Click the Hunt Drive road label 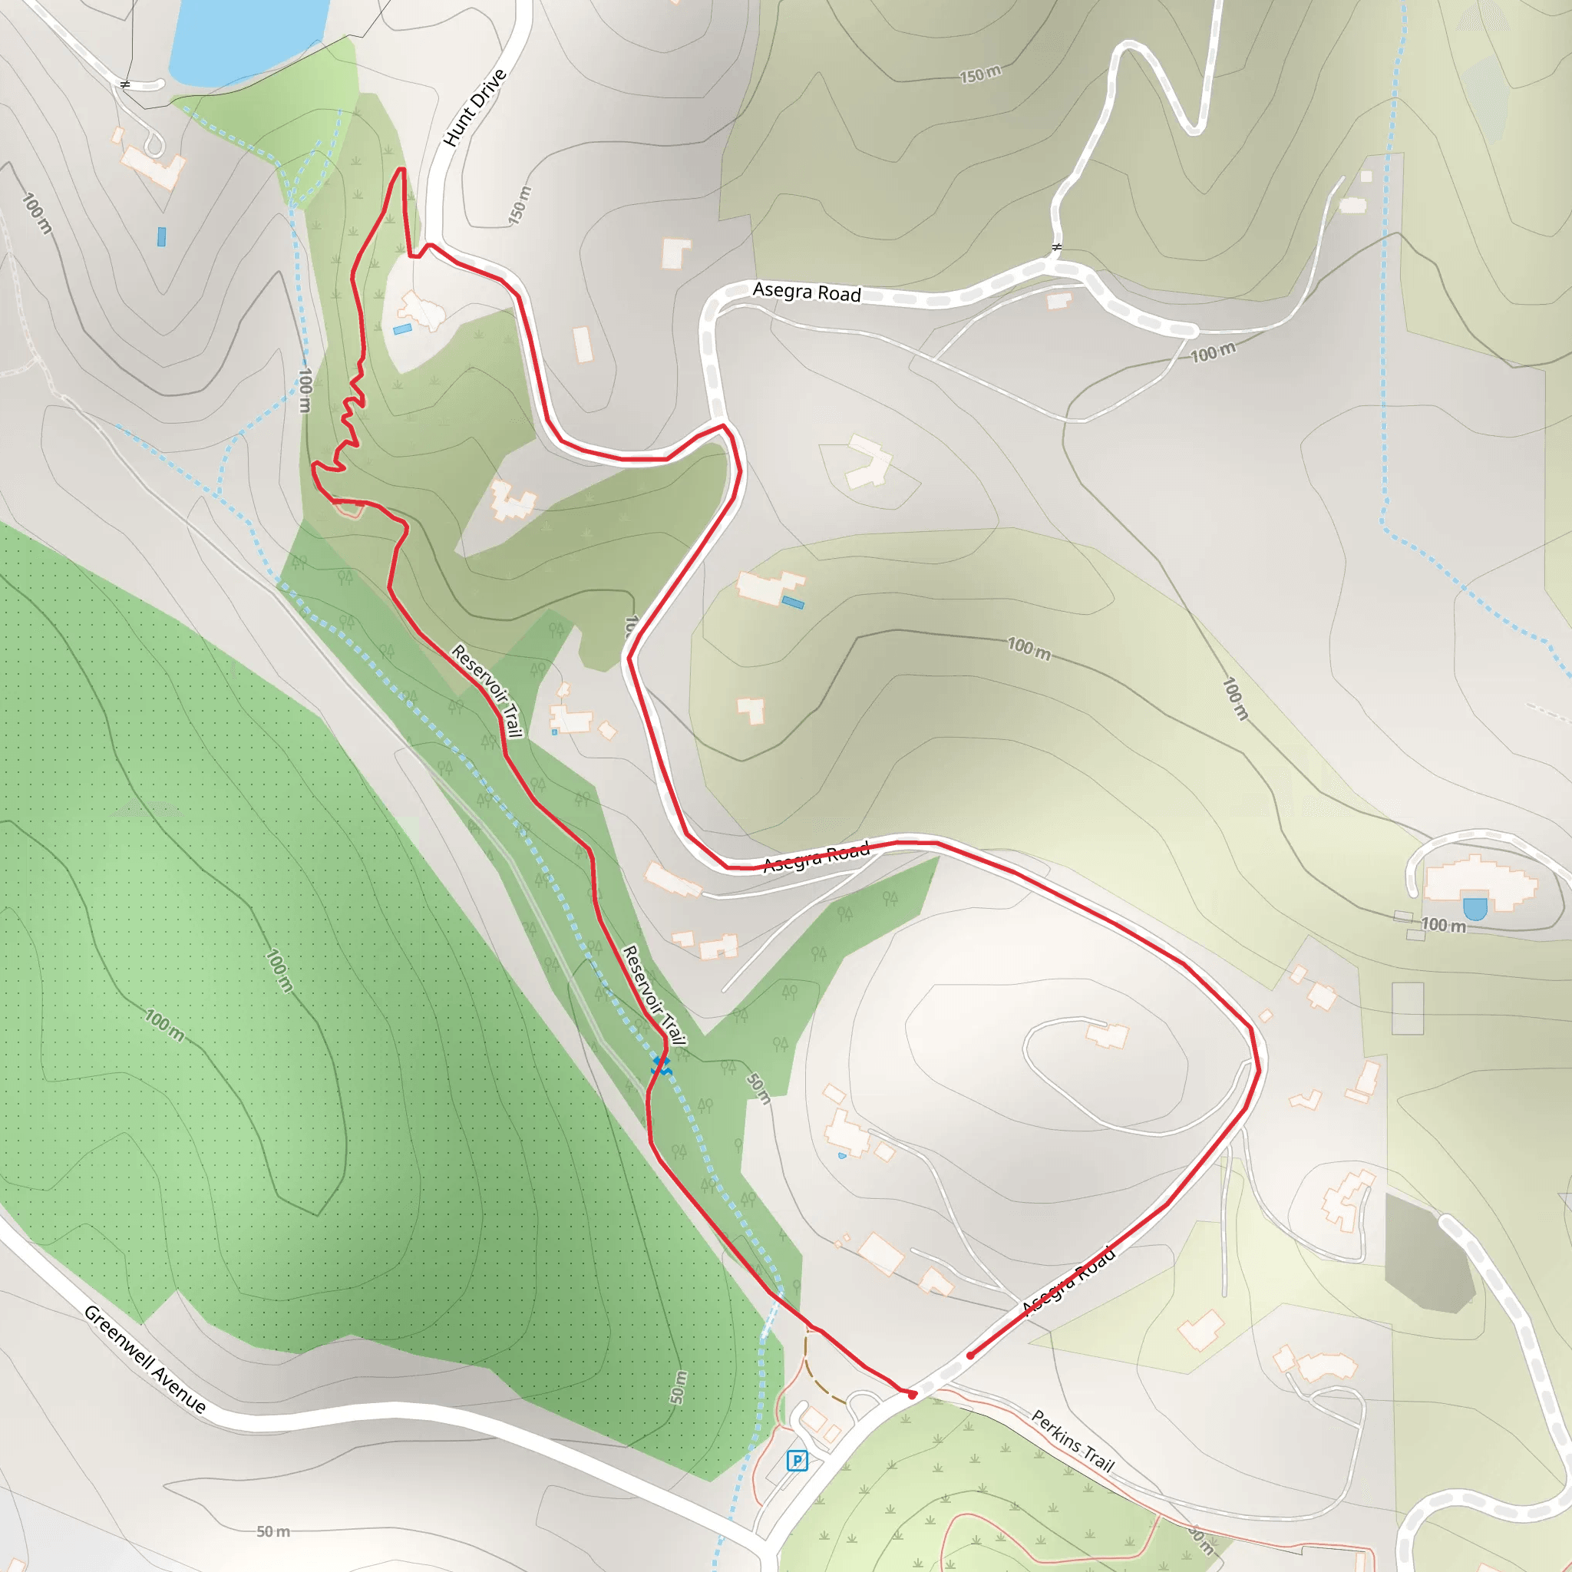475,108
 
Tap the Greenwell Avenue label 145,1359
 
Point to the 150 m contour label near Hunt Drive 520,205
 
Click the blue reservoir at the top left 244,37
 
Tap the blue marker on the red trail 661,1065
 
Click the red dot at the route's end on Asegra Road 971,1356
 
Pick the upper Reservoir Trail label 487,690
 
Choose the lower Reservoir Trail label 654,994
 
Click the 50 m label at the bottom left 273,1531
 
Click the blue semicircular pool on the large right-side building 1475,908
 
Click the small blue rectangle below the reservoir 161,236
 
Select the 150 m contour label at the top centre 979,75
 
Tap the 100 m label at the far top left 37,214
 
